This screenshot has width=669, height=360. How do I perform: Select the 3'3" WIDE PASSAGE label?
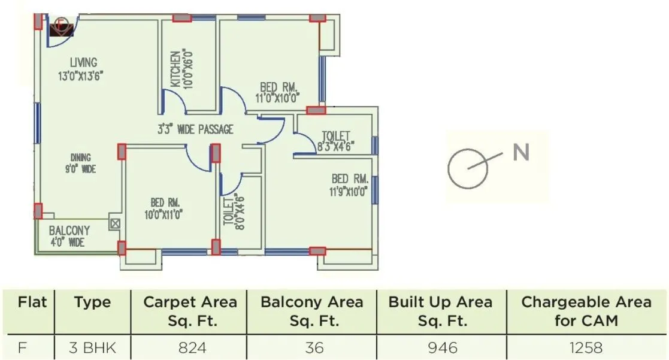195,129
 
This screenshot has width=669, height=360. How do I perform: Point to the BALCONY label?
69,231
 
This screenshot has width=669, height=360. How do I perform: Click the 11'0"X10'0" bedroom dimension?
276,99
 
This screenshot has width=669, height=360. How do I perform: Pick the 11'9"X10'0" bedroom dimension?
349,192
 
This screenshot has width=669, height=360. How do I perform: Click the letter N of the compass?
521,152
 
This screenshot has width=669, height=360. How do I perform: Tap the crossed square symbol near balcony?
115,225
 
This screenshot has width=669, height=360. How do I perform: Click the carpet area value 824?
190,347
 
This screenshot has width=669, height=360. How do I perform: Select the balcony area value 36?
311,347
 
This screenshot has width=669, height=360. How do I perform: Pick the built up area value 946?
440,347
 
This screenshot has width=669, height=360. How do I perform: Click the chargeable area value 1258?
586,347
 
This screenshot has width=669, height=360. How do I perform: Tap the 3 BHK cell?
92,347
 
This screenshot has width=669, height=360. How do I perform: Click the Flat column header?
32,302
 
